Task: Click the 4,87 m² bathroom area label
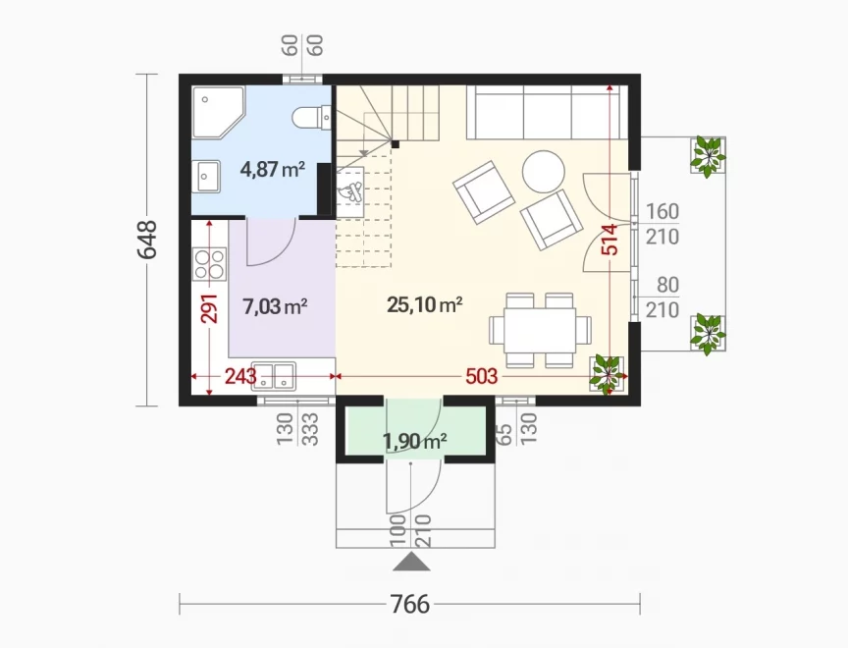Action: tap(273, 169)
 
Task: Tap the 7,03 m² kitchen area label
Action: tap(275, 306)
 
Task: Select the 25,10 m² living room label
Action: tap(425, 304)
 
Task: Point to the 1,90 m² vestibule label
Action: tap(415, 442)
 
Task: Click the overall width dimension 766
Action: tap(410, 604)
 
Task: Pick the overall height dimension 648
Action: tap(147, 240)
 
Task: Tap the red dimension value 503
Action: tap(481, 376)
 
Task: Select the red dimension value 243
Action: tap(240, 376)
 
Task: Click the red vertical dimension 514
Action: tap(609, 239)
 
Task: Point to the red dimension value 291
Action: tap(209, 308)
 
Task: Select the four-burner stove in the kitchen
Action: tap(209, 264)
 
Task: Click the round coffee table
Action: tap(544, 171)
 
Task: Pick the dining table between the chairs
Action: tap(539, 330)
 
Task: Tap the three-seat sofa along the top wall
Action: tap(547, 113)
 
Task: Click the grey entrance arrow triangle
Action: tap(411, 562)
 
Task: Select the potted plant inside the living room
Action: tap(608, 373)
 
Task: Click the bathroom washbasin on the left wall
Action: tap(208, 177)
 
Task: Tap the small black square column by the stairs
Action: tap(396, 144)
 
